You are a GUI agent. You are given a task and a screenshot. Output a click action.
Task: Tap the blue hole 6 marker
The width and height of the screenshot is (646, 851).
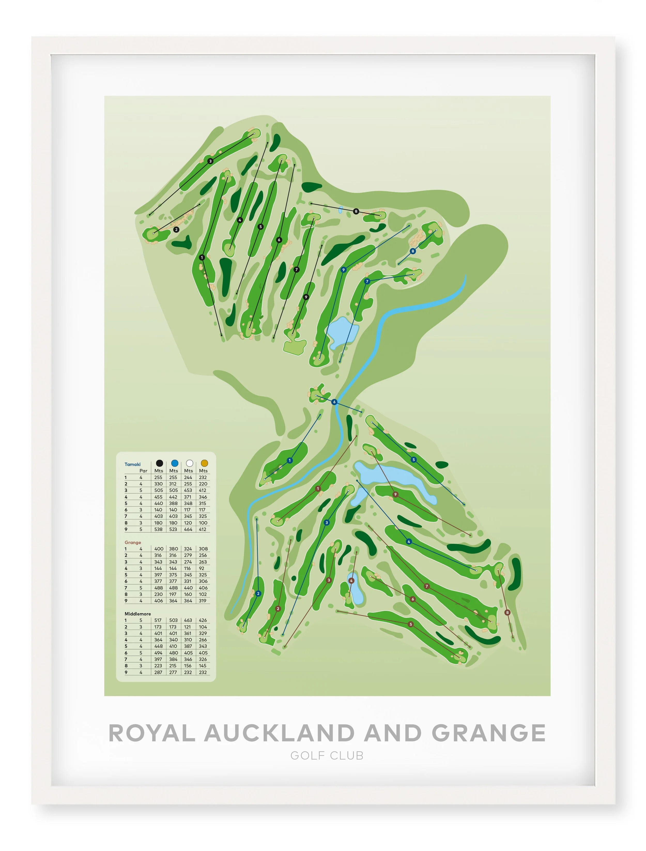334,402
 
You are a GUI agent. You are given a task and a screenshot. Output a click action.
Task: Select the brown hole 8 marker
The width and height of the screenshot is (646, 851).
507,612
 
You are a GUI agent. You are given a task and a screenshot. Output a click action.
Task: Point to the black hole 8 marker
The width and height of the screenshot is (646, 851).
356,211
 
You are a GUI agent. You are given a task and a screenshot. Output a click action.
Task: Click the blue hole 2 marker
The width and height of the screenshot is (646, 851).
258,594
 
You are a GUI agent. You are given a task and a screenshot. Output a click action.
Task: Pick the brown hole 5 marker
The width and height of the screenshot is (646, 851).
411,624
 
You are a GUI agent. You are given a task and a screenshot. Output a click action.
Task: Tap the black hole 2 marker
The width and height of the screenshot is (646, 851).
176,230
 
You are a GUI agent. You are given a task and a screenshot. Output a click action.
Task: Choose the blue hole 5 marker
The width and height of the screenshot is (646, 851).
414,460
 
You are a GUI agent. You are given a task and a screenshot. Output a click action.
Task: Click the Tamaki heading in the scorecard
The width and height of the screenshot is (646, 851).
132,464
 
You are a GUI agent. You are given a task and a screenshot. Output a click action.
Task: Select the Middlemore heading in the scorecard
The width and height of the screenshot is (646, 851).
138,614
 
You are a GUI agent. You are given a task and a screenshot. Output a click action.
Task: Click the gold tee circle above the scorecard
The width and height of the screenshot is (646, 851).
204,463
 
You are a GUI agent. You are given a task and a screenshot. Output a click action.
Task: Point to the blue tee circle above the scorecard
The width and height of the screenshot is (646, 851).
175,463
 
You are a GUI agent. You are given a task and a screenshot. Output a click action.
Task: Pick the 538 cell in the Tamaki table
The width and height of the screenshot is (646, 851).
158,529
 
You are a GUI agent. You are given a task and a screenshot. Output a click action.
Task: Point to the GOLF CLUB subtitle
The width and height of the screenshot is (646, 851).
327,756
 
